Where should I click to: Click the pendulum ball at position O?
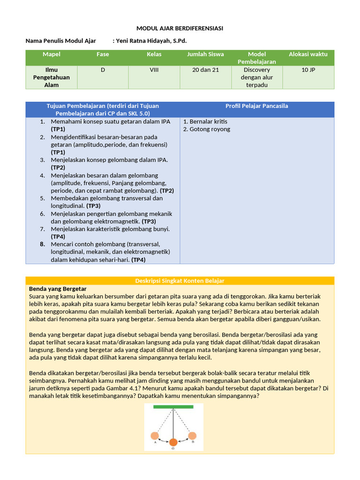[173, 442]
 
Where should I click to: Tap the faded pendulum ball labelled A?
[155, 436]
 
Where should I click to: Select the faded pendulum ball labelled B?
[192, 436]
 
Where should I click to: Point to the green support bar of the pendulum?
[173, 408]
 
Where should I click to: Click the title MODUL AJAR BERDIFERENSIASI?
[180, 29]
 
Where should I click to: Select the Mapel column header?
[52, 54]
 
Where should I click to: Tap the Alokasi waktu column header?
[308, 54]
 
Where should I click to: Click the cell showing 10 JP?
[308, 70]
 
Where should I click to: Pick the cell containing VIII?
[154, 70]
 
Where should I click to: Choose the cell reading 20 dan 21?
[205, 70]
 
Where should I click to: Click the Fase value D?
[103, 70]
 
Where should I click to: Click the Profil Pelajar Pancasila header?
[257, 106]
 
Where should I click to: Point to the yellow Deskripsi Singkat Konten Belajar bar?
[180, 281]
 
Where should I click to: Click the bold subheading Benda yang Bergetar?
[58, 289]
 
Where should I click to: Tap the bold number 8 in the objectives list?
[42, 244]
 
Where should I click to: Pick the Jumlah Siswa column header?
[205, 54]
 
